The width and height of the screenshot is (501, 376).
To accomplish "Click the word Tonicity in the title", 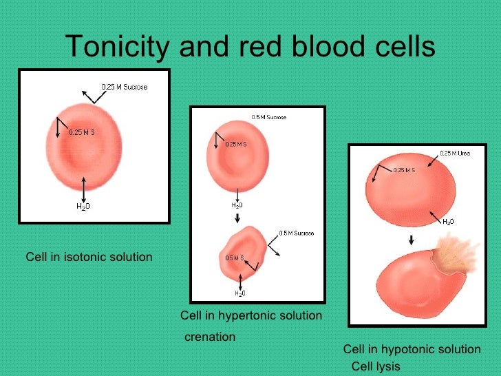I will click(x=118, y=48).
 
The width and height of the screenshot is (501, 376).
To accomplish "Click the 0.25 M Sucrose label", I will click(x=125, y=87).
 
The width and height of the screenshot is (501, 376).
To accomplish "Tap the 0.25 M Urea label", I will click(x=455, y=153).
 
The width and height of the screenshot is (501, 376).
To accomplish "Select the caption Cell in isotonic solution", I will click(x=89, y=257).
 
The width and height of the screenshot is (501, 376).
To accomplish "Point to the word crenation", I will click(x=210, y=337).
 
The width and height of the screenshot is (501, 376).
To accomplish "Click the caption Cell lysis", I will click(x=375, y=366).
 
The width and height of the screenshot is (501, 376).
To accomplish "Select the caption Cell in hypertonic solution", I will click(x=250, y=315).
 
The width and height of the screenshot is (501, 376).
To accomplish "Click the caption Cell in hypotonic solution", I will click(x=412, y=349).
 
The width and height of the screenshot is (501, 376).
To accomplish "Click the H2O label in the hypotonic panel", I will click(x=448, y=222).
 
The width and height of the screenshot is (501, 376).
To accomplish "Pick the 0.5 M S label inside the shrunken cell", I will click(x=235, y=258).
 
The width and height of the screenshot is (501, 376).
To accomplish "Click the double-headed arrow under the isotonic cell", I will click(x=83, y=188).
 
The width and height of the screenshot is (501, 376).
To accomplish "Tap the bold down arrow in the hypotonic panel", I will click(x=411, y=240).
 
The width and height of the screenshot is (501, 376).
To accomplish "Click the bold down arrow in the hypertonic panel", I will click(x=236, y=218).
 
